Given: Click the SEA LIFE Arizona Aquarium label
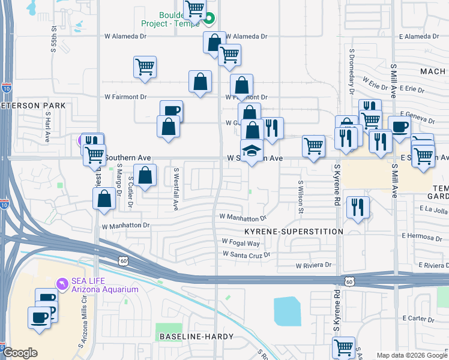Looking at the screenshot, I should coord(105,284).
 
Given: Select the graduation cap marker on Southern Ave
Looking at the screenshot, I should coord(252,151).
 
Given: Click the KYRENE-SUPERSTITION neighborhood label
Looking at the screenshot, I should coord(294,231).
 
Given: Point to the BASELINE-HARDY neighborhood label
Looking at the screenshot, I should coord(195,337).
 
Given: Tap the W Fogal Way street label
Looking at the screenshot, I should coord(241,242).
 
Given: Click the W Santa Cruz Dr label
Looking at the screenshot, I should coord(246,254).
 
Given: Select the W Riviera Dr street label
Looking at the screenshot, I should coord(313,265).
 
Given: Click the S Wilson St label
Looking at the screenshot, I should coord(301,197).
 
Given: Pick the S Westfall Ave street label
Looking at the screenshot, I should coord(176,188).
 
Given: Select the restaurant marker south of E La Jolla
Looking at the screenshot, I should coord(358,208).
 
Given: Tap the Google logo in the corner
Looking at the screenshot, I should coord(20,353).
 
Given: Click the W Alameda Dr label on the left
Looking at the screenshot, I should coord(125,36).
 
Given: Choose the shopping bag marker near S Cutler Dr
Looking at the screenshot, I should coord(145,176).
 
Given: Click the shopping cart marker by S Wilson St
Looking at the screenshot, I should coord(313,146).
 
